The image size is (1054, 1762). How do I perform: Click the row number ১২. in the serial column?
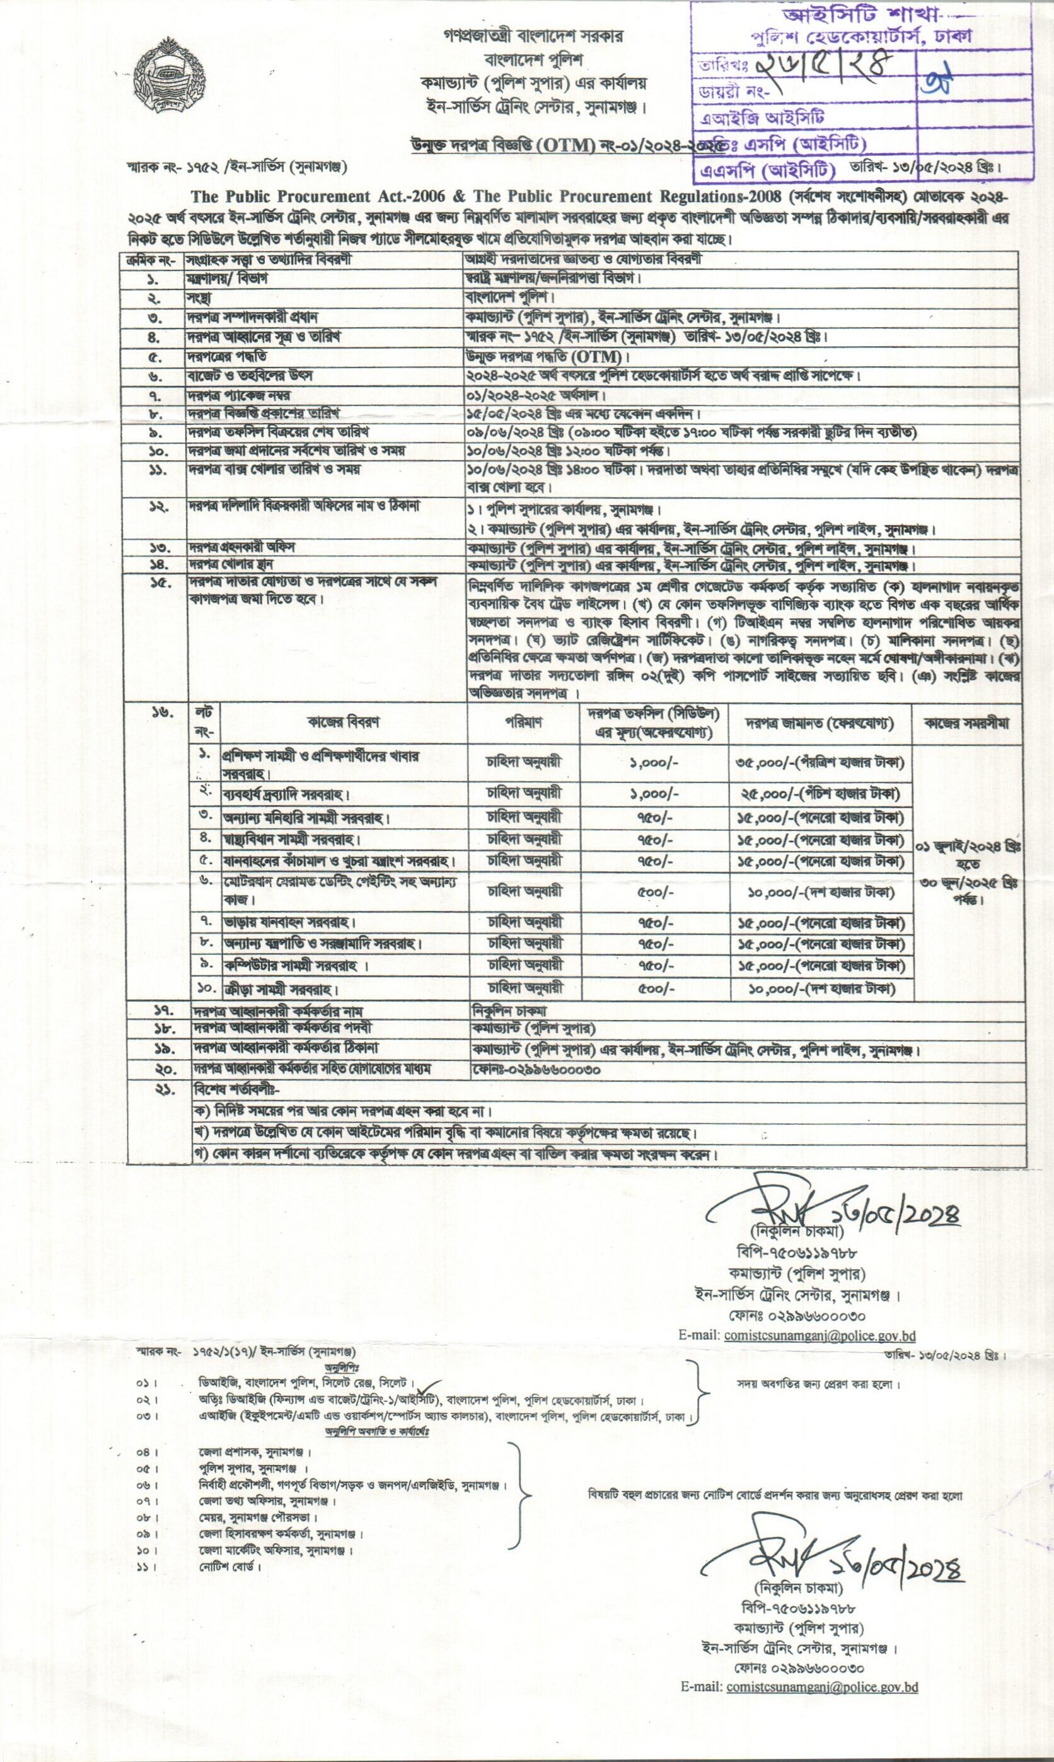pos(156,507)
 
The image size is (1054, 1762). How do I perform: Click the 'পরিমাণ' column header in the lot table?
pos(523,722)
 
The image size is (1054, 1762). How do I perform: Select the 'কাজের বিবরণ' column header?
pos(343,722)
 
